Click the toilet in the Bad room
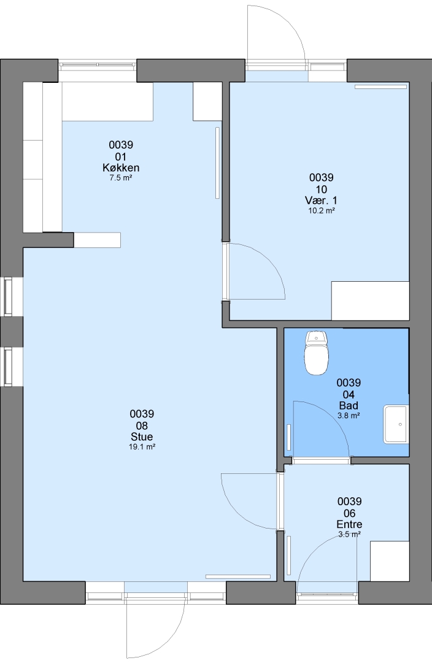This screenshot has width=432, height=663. tap(316, 354)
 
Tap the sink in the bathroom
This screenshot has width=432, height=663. tap(396, 424)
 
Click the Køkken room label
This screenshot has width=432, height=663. tap(121, 168)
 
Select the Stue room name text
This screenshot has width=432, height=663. tap(142, 437)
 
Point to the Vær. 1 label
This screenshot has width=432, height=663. tap(322, 200)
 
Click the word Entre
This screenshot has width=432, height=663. tap(349, 524)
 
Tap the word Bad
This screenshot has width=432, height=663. tap(349, 406)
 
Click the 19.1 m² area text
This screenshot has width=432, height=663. tap(142, 446)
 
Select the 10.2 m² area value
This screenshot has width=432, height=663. tap(322, 210)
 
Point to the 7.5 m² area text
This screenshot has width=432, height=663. tap(121, 177)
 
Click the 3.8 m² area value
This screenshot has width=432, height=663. tap(349, 416)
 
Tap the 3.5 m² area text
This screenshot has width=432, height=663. tap(350, 535)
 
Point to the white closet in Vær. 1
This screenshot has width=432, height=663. tap(370, 301)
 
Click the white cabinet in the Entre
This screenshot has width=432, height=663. tap(390, 560)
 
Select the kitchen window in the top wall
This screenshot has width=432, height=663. tap(98, 66)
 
